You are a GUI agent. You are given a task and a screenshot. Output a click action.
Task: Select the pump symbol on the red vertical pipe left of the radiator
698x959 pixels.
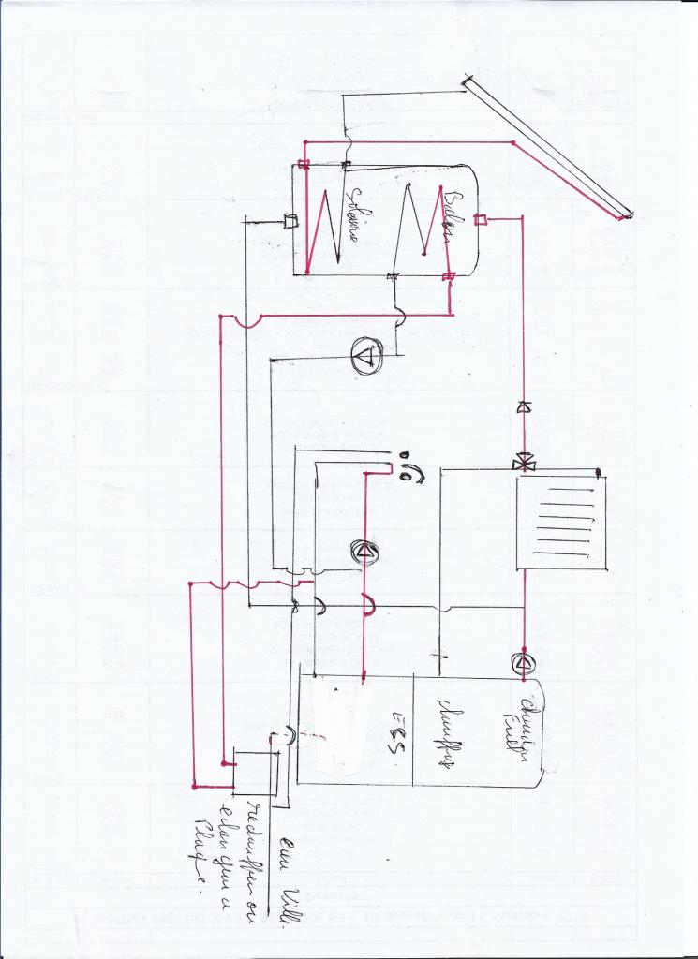click(364, 552)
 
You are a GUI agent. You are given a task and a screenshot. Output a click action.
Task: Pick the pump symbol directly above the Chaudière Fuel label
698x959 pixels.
click(523, 662)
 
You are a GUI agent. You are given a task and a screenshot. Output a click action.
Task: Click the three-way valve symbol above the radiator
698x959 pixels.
click(523, 462)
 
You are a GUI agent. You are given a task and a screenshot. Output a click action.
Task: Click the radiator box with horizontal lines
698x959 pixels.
click(562, 522)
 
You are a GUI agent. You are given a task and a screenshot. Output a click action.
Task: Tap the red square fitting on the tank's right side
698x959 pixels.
click(480, 220)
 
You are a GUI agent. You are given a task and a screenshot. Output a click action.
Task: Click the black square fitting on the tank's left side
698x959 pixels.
click(290, 222)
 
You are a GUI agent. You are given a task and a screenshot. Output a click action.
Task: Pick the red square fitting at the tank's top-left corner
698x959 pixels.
click(304, 165)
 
